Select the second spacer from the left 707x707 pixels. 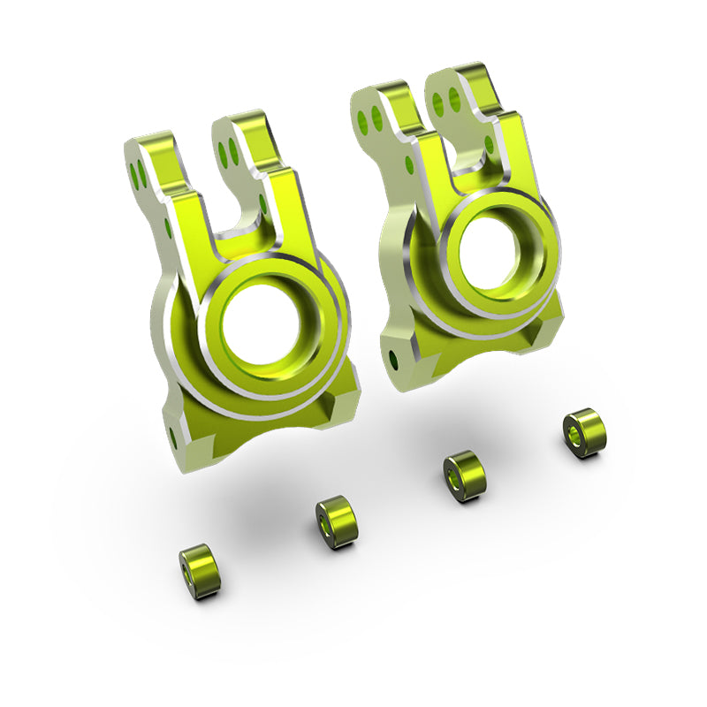[335, 522]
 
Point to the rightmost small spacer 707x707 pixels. [585, 431]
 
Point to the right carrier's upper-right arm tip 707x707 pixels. [473, 80]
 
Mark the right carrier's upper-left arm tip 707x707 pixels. [376, 97]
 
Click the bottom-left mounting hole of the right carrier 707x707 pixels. [391, 357]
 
